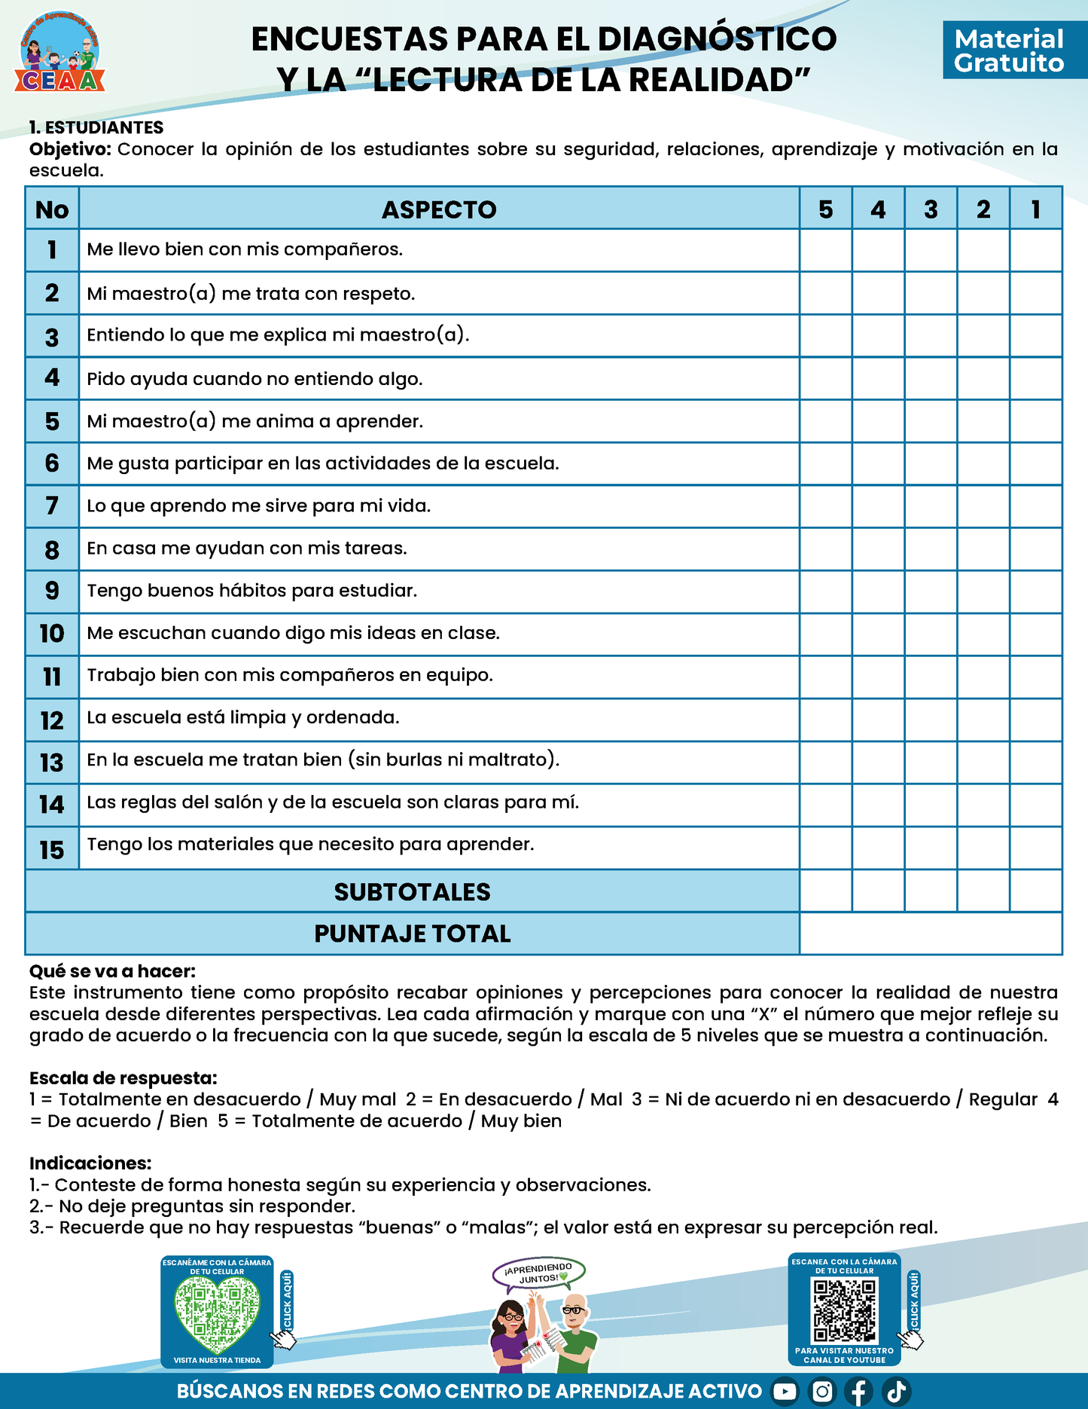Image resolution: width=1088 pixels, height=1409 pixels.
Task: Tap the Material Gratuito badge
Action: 1009,50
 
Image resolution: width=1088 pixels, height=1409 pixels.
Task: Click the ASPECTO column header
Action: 439,209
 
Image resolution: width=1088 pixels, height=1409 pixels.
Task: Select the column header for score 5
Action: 826,209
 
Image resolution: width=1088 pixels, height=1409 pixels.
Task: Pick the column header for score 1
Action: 1036,209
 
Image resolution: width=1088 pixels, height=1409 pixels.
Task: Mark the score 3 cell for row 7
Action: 931,506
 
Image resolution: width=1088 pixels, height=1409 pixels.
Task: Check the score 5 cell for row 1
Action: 826,250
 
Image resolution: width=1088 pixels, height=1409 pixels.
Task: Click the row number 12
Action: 52,720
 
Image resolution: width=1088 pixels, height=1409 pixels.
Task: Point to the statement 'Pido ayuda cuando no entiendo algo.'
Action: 254,378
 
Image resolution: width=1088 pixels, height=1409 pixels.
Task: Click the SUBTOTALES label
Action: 412,892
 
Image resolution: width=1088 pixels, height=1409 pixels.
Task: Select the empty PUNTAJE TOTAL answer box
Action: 931,934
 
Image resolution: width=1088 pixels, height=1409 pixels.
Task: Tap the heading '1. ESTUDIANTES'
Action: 96,127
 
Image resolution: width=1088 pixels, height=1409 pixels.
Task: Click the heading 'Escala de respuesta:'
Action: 123,1078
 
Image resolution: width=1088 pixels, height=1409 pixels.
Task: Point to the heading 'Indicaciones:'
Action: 90,1163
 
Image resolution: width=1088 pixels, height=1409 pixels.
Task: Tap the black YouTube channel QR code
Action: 845,1311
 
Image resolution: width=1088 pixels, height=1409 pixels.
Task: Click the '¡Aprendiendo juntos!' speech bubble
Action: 539,1273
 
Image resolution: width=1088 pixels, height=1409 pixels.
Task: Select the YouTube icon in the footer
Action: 785,1392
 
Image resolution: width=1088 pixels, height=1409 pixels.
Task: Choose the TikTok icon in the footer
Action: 896,1392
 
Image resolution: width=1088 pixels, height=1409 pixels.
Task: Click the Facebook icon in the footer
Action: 858,1392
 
